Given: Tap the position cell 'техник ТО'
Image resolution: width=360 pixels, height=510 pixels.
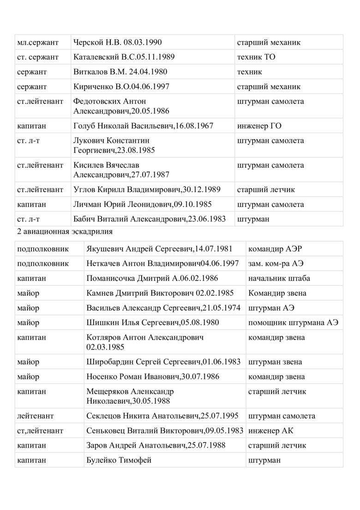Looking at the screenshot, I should pyautogui.click(x=256, y=57).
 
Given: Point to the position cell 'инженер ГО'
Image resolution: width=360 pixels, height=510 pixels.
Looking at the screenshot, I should pyautogui.click(x=259, y=126).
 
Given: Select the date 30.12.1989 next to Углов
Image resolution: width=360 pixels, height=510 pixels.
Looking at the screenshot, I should pyautogui.click(x=201, y=189).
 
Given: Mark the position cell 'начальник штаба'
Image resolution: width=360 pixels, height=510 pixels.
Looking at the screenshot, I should pyautogui.click(x=279, y=279).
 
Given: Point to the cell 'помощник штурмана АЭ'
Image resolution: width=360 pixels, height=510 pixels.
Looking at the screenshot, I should pyautogui.click(x=293, y=323).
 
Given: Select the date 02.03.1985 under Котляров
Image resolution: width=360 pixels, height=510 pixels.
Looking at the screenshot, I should pyautogui.click(x=105, y=346).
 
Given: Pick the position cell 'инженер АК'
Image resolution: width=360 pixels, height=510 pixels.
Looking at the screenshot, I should pyautogui.click(x=270, y=431).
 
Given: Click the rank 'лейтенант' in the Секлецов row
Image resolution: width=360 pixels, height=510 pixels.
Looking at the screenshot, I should pyautogui.click(x=35, y=416).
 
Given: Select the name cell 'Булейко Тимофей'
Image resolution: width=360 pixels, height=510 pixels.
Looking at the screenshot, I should pyautogui.click(x=119, y=461).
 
